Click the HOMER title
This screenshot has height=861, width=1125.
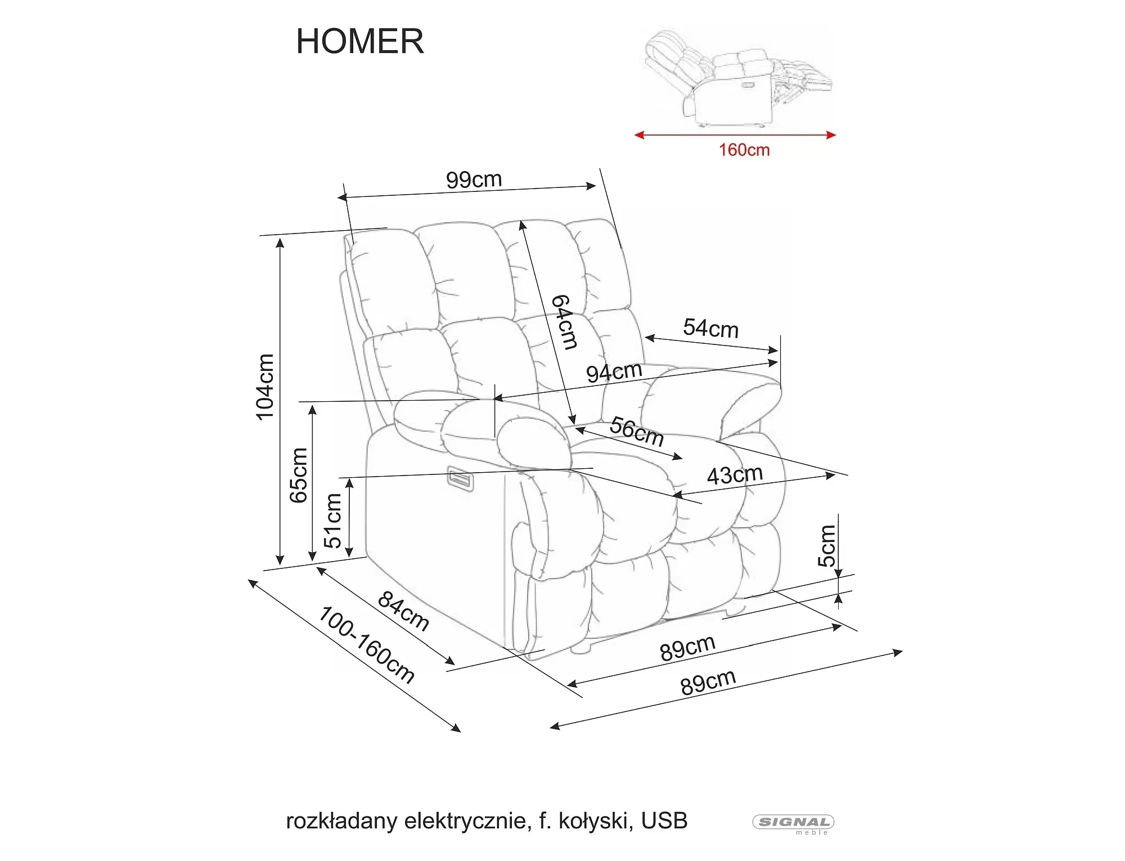pyautogui.click(x=360, y=41)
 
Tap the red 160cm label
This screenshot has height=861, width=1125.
pyautogui.click(x=744, y=150)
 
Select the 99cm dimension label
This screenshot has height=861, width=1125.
pyautogui.click(x=474, y=180)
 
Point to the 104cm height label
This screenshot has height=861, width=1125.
pyautogui.click(x=265, y=387)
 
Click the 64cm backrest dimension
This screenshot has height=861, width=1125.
pyautogui.click(x=564, y=322)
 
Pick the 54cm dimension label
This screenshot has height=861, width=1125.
pyautogui.click(x=710, y=328)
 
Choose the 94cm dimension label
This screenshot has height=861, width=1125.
pyautogui.click(x=614, y=372)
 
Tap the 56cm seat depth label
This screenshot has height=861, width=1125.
pyautogui.click(x=637, y=431)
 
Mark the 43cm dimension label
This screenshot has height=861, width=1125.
pyautogui.click(x=735, y=474)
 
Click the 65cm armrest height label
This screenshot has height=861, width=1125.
pyautogui.click(x=299, y=475)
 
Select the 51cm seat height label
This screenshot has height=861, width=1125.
pyautogui.click(x=332, y=521)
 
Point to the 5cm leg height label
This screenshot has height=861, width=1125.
pyautogui.click(x=827, y=545)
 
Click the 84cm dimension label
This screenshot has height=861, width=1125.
pyautogui.click(x=403, y=611)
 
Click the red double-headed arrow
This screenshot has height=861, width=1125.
pyautogui.click(x=735, y=135)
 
